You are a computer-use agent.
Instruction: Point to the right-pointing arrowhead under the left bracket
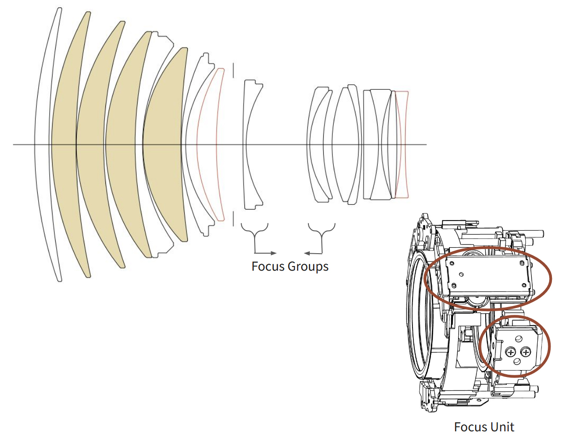[273, 253]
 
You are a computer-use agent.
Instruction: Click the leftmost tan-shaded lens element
[64, 145]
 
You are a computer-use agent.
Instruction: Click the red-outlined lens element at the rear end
[401, 145]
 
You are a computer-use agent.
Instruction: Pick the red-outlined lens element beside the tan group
[207, 145]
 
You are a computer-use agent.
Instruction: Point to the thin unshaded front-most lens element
[42, 145]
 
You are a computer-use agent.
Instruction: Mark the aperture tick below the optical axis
[233, 219]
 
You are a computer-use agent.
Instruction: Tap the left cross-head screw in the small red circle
[511, 353]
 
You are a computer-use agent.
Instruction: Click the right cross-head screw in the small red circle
[526, 353]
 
